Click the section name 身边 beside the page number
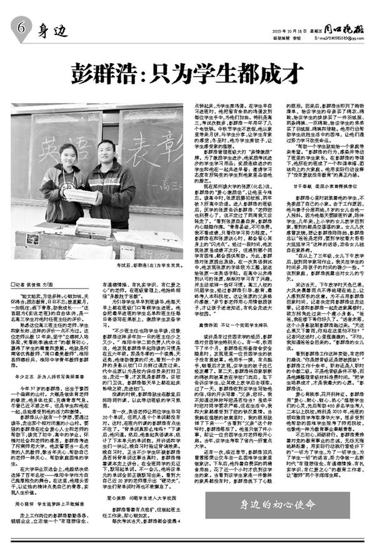pyautogui.click(x=54, y=29)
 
